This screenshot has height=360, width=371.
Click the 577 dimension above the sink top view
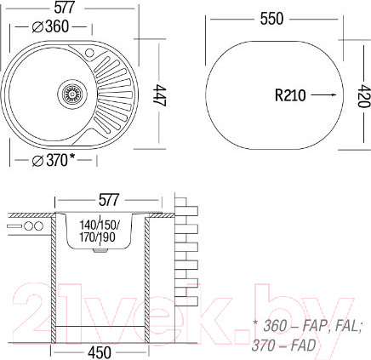(65, 8)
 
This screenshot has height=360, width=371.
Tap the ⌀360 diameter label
(50, 27)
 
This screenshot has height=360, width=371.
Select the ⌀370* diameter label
(54, 160)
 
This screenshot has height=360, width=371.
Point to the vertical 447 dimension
(159, 95)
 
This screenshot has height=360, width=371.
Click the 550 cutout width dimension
(271, 19)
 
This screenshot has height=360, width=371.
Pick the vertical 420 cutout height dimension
(363, 96)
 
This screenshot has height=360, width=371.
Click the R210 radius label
(290, 95)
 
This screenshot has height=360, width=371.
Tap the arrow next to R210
(323, 95)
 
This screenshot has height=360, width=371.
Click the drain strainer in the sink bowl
(71, 94)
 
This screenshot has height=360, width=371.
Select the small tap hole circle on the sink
(89, 53)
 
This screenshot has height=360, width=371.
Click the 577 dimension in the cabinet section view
(109, 200)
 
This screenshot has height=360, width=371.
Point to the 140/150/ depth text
(99, 226)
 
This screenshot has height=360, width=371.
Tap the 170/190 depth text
(97, 237)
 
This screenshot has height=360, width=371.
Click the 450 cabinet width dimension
(100, 353)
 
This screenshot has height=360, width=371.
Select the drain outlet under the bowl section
(100, 250)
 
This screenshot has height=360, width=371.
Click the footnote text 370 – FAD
(283, 346)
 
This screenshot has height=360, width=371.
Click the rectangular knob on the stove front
(14, 226)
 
